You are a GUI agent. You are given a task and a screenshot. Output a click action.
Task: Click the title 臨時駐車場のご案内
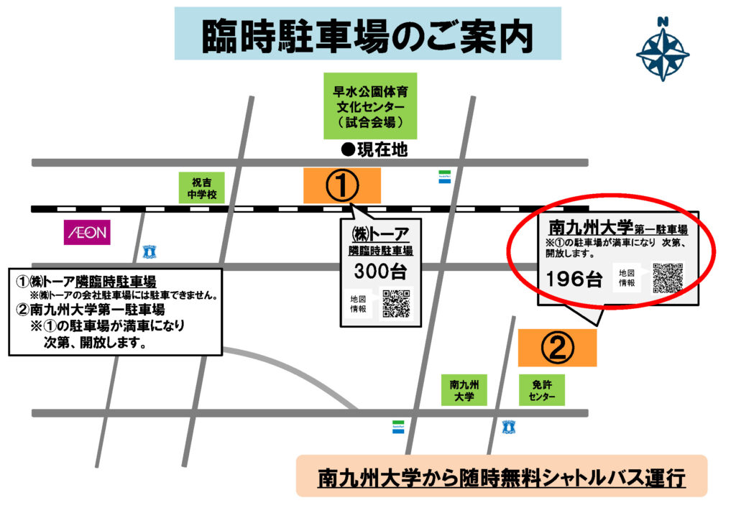(367, 34)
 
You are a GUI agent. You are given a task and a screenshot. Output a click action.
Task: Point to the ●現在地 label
(374, 150)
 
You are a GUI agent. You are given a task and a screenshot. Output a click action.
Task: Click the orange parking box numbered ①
(342, 185)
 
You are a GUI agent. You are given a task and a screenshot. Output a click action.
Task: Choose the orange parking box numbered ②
(557, 348)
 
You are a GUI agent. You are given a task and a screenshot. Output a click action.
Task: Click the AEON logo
(87, 231)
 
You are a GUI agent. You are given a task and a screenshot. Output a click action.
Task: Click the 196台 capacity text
(574, 279)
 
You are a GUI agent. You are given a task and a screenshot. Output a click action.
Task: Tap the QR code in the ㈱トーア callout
(396, 303)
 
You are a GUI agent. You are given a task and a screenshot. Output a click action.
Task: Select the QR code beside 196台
(668, 277)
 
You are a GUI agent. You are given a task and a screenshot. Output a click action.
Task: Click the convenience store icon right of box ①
(445, 177)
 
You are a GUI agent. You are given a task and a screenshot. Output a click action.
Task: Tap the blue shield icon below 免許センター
(509, 427)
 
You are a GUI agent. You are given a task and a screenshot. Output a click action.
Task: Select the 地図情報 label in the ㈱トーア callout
(358, 303)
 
